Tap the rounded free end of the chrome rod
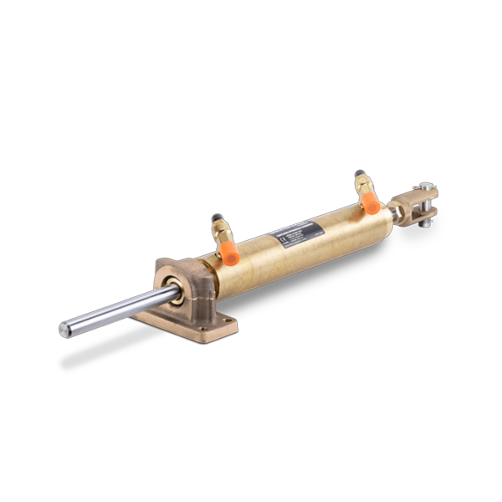coord(64,330)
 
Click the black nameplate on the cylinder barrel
coord(295,233)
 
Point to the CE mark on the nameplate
coord(282,240)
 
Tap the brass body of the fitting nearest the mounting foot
coord(221,235)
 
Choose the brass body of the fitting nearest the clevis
coord(365,190)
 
